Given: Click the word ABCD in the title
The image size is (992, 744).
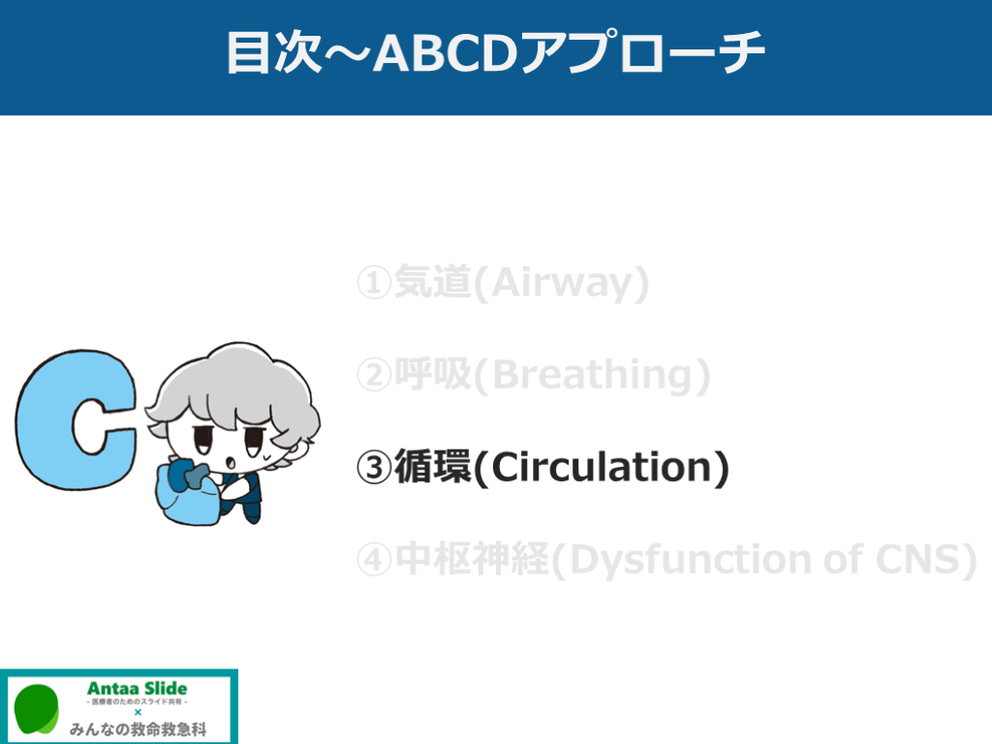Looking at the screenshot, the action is pos(446,53).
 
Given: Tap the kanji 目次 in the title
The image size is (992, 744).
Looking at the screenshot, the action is pos(274,53).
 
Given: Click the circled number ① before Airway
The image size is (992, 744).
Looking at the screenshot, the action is pos(374,282).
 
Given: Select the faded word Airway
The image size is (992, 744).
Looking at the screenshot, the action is pos(561,283).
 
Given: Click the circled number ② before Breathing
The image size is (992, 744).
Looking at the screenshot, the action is pos(374,375).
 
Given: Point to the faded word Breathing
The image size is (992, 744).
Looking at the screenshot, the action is pos(592,375).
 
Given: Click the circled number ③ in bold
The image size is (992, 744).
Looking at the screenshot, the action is pos(374,468).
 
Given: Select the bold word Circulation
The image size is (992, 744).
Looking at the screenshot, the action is pos(602,468).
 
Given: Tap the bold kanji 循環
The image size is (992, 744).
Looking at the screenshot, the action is pos(433,467).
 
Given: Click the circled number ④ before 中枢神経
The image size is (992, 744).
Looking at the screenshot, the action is pos(374,560).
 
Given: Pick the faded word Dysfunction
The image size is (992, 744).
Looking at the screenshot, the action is pos(691,560).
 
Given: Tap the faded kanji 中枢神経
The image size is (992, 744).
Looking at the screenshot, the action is pos(472,559).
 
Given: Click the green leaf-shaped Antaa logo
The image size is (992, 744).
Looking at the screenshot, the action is pos(37,709).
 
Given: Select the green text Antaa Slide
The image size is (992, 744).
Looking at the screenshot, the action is pos(138,689).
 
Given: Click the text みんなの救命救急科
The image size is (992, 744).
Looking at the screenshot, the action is pos(138,729).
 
